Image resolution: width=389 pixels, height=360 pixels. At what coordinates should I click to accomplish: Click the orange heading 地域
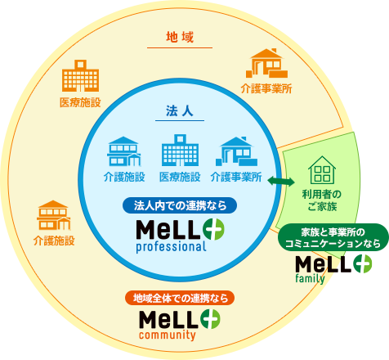tap(180, 38)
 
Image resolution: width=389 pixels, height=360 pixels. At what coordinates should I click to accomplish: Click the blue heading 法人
tap(180, 111)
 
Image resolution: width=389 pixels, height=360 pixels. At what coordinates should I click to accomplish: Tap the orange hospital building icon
tap(80, 75)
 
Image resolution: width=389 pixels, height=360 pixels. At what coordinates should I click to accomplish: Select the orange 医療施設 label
tap(80, 102)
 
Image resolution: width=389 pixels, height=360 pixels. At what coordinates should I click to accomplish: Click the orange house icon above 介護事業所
tap(266, 63)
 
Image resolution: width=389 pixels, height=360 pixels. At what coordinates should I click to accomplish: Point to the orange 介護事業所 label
tap(266, 88)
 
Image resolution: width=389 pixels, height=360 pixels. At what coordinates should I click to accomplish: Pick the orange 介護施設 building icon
tap(54, 215)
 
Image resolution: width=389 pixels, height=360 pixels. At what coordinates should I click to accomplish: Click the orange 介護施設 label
tap(54, 241)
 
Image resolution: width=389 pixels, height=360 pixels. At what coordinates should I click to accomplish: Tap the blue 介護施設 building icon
tap(124, 151)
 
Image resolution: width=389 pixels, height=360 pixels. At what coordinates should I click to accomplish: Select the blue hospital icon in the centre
tap(180, 150)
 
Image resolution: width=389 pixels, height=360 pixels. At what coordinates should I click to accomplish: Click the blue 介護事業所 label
tap(236, 177)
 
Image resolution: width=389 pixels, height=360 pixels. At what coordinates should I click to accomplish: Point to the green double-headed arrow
tap(281, 182)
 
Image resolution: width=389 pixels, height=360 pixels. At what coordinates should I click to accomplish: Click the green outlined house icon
tap(322, 169)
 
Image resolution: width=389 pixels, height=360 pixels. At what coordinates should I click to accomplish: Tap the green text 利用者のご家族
tap(322, 200)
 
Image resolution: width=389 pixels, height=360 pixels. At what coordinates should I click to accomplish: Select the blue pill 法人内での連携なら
tap(180, 205)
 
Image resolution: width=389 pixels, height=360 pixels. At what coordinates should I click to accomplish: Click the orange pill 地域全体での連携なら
tap(180, 298)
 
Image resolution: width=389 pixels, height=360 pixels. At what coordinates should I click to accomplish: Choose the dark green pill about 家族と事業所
tap(333, 237)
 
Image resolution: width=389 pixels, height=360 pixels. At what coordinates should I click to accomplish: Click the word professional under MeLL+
tap(171, 247)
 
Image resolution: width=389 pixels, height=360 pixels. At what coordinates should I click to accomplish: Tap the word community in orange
tap(168, 335)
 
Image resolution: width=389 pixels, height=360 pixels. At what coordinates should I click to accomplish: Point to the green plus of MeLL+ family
tap(363, 263)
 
